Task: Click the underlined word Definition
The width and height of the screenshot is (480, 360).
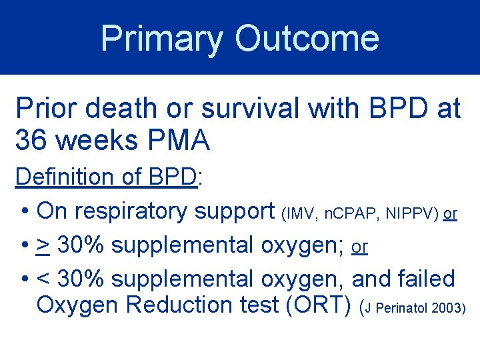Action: click(64, 177)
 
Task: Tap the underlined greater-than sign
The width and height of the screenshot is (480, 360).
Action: click(43, 246)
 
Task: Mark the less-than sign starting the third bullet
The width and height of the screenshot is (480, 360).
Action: click(43, 279)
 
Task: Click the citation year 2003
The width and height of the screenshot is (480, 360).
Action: click(446, 309)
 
